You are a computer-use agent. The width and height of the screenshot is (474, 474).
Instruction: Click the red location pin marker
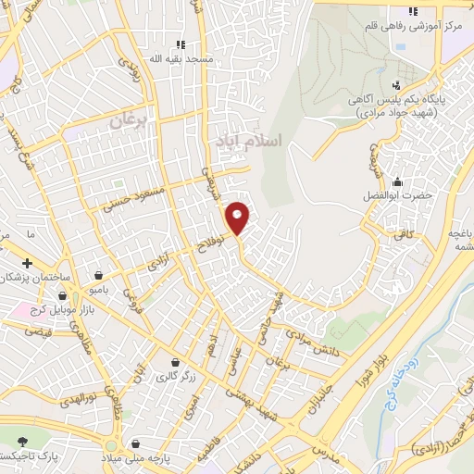[238, 217]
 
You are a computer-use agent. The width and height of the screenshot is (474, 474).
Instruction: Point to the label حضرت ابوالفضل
[398, 196]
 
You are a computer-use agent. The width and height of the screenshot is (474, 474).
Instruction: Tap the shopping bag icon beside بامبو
[98, 274]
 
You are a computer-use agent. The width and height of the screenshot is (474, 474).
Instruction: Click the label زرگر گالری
[173, 376]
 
